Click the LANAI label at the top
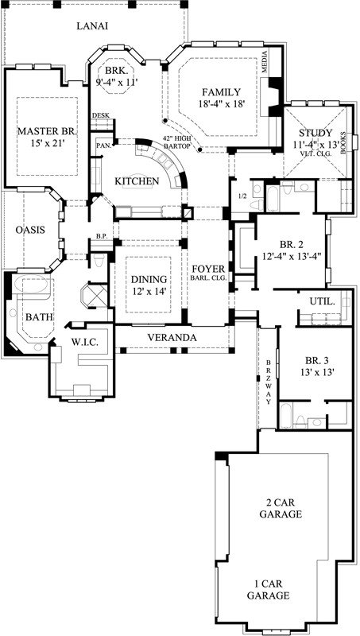(x=92, y=26)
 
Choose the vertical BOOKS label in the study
(x=343, y=141)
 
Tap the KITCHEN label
(x=137, y=182)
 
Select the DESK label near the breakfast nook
(x=101, y=116)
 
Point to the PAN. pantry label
(x=102, y=145)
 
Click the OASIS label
(x=30, y=230)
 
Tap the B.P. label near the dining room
(x=101, y=236)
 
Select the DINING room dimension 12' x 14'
(x=149, y=292)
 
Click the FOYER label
(x=210, y=267)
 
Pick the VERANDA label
(x=172, y=338)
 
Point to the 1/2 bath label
(x=242, y=196)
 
